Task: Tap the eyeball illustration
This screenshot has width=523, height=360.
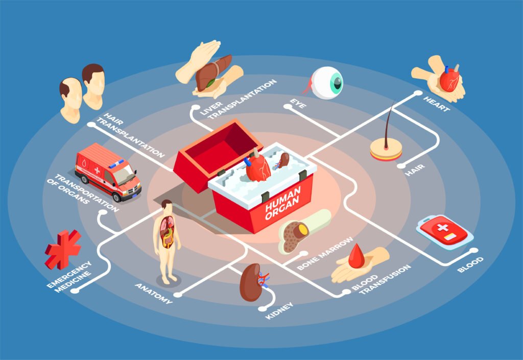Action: [327, 83]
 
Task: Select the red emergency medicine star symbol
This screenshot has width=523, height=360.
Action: [63, 249]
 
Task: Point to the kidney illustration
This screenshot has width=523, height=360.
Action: [251, 281]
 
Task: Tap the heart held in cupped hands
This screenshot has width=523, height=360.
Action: [449, 80]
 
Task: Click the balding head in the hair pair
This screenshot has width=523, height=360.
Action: [70, 100]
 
